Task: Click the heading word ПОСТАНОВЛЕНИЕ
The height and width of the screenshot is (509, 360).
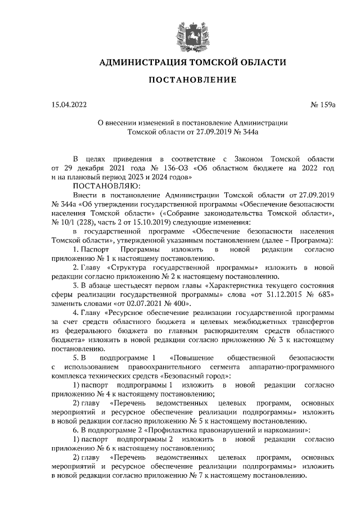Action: (x=192, y=80)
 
